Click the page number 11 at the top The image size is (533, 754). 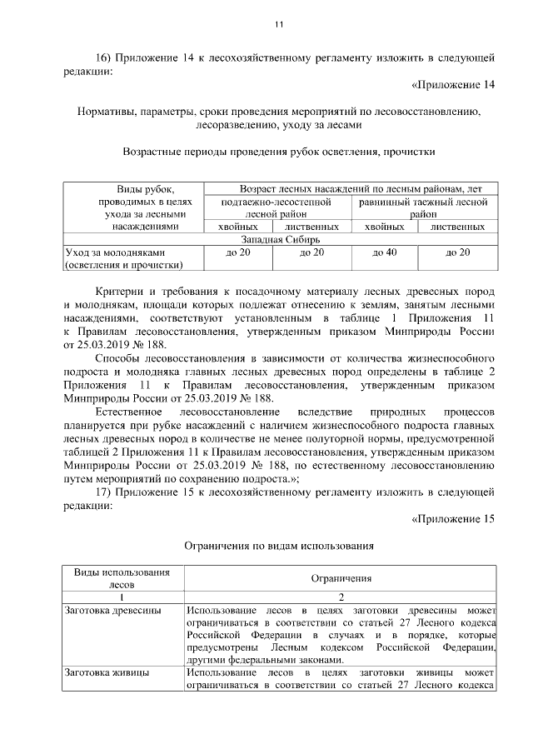[279, 22]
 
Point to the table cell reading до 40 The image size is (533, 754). [384, 252]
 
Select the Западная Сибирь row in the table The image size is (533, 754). [279, 239]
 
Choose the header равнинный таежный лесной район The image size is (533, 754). [423, 207]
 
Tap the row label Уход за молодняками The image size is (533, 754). [116, 252]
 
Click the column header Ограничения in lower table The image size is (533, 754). [341, 577]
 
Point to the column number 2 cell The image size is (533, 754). [341, 597]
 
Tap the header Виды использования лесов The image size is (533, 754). [122, 577]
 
